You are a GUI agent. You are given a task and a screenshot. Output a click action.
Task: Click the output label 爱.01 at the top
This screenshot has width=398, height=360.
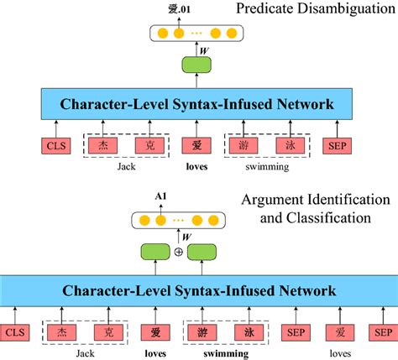coord(199,11)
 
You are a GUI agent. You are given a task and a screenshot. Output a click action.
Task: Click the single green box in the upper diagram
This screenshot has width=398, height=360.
coord(199,66)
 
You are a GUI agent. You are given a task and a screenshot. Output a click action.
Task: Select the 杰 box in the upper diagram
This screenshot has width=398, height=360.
coord(103,144)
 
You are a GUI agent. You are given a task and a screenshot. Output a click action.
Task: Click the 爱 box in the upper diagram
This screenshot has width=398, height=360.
coord(199,144)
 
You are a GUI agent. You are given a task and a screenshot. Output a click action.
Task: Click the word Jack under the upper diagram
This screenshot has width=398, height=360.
coord(125,166)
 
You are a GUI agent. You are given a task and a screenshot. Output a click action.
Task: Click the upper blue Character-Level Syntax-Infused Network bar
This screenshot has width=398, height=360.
coord(199,105)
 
